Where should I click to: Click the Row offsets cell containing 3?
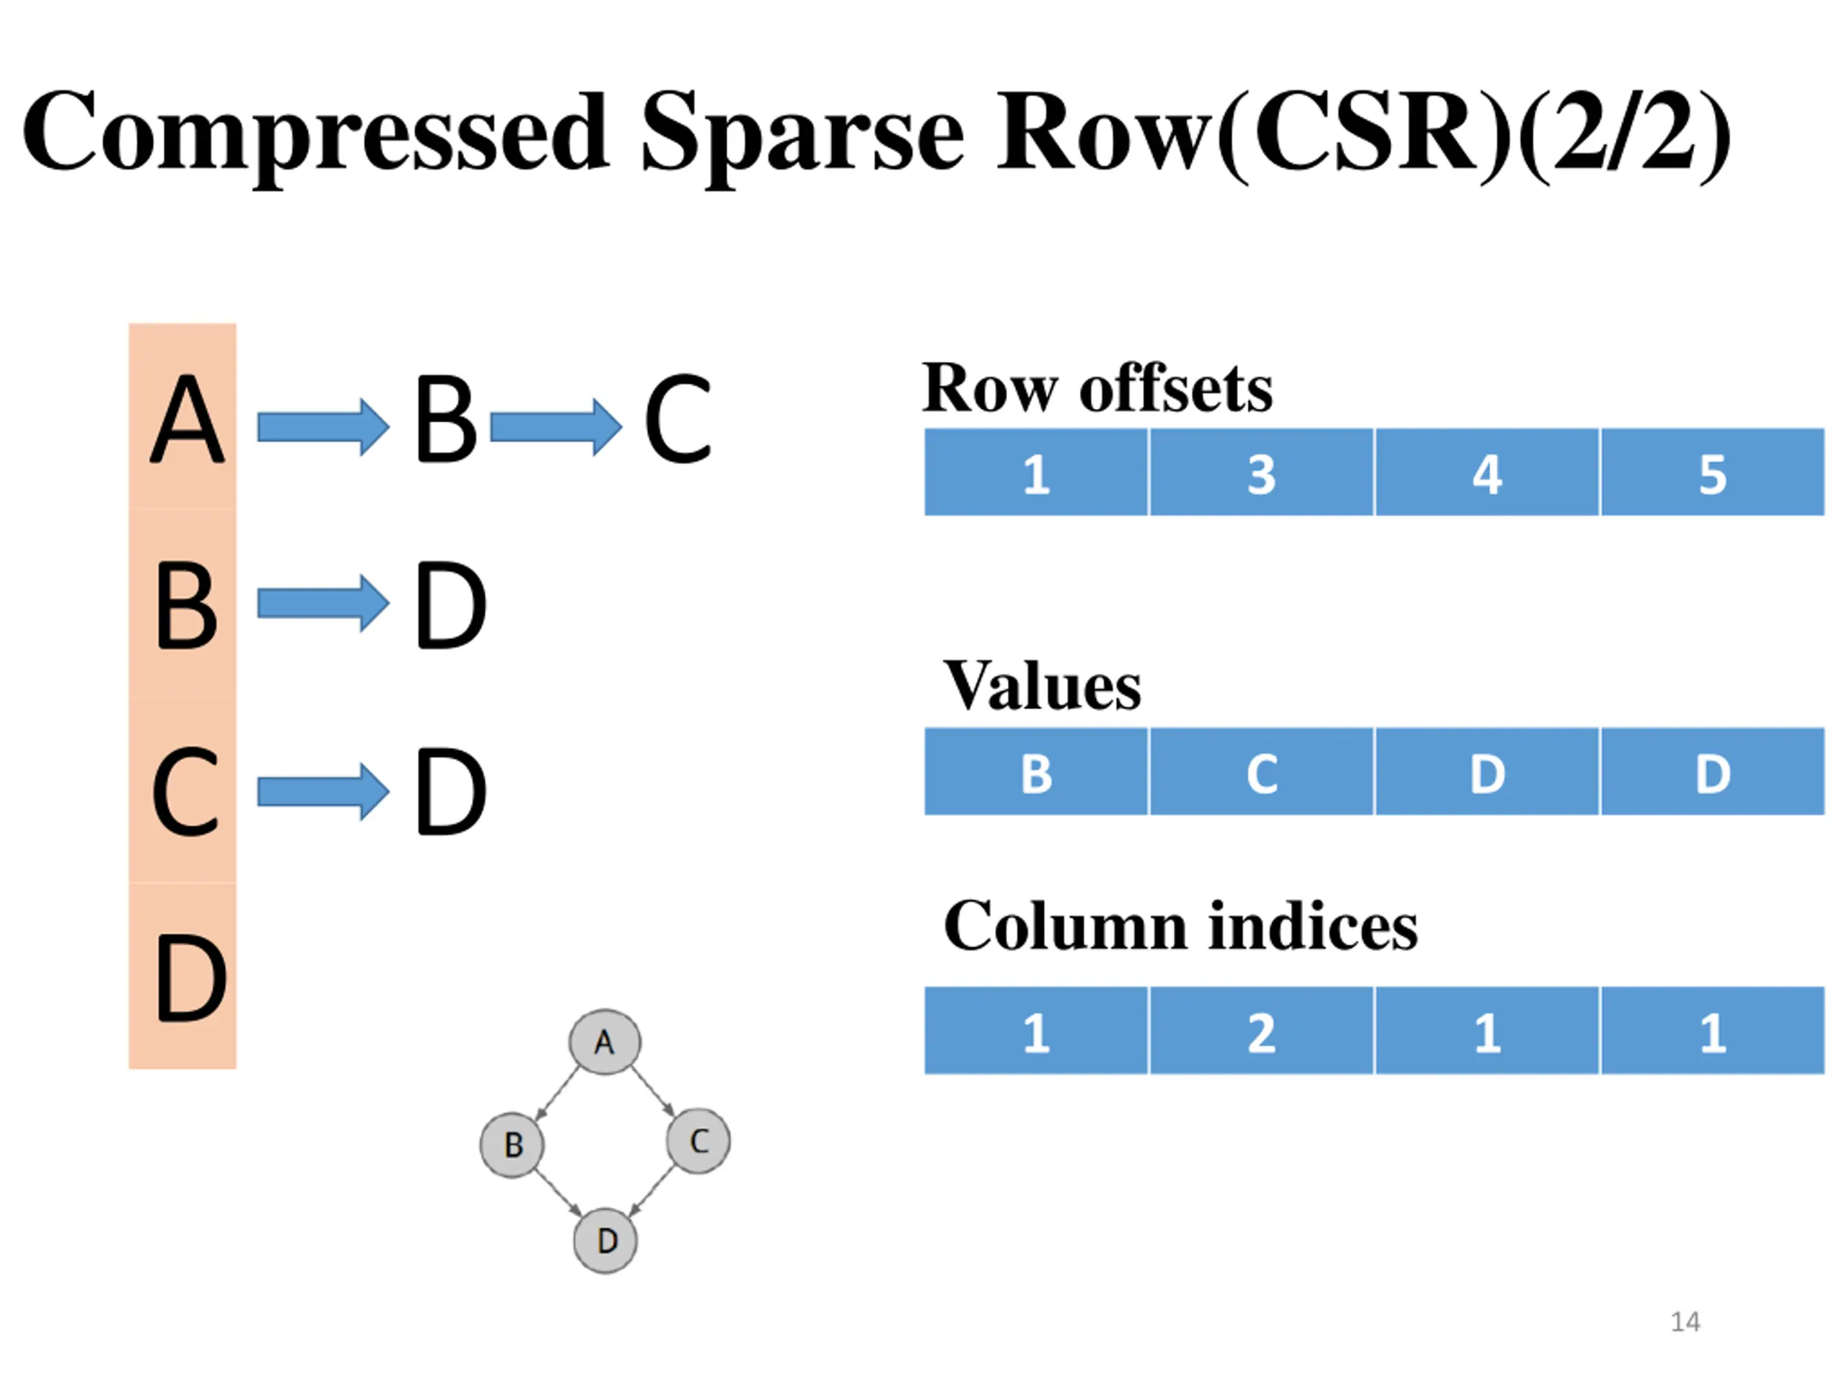coord(1262,472)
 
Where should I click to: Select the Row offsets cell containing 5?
coord(1713,472)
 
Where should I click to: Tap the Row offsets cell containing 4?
coord(1487,472)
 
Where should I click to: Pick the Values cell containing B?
coord(1036,771)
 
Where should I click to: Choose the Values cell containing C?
coord(1262,771)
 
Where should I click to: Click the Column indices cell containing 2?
coord(1262,1030)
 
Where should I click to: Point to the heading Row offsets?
coord(1097,388)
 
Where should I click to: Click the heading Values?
coord(1042,686)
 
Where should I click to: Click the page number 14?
coord(1685,1322)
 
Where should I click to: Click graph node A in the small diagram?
coord(605,1042)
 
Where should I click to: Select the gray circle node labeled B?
coord(512,1145)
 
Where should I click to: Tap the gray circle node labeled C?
coord(698,1140)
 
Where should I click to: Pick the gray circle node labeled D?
coord(605,1241)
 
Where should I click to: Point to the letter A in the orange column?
coord(187,418)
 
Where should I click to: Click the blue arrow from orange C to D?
coord(323,791)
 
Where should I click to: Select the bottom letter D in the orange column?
coord(190,977)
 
